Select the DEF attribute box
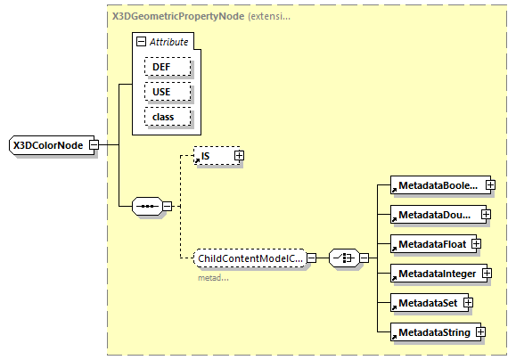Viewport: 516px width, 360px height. pyautogui.click(x=161, y=67)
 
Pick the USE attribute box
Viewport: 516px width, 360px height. pyautogui.click(x=161, y=92)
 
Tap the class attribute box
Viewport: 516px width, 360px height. pyautogui.click(x=161, y=117)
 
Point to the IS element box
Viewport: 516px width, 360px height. pyautogui.click(x=214, y=156)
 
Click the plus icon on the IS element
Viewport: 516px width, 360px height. pyautogui.click(x=239, y=156)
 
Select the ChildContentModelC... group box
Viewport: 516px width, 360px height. pyautogui.click(x=250, y=258)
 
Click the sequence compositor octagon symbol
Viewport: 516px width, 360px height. pyautogui.click(x=145, y=208)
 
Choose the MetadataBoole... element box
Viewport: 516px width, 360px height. pyautogui.click(x=437, y=186)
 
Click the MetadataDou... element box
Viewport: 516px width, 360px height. pyautogui.click(x=436, y=215)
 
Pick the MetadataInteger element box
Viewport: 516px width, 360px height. pyautogui.click(x=438, y=273)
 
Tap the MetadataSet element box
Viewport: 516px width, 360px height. pyautogui.click(x=425, y=302)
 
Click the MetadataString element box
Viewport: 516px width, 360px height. pyautogui.click(x=432, y=331)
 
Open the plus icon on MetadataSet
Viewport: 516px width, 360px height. pyautogui.click(x=467, y=302)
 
